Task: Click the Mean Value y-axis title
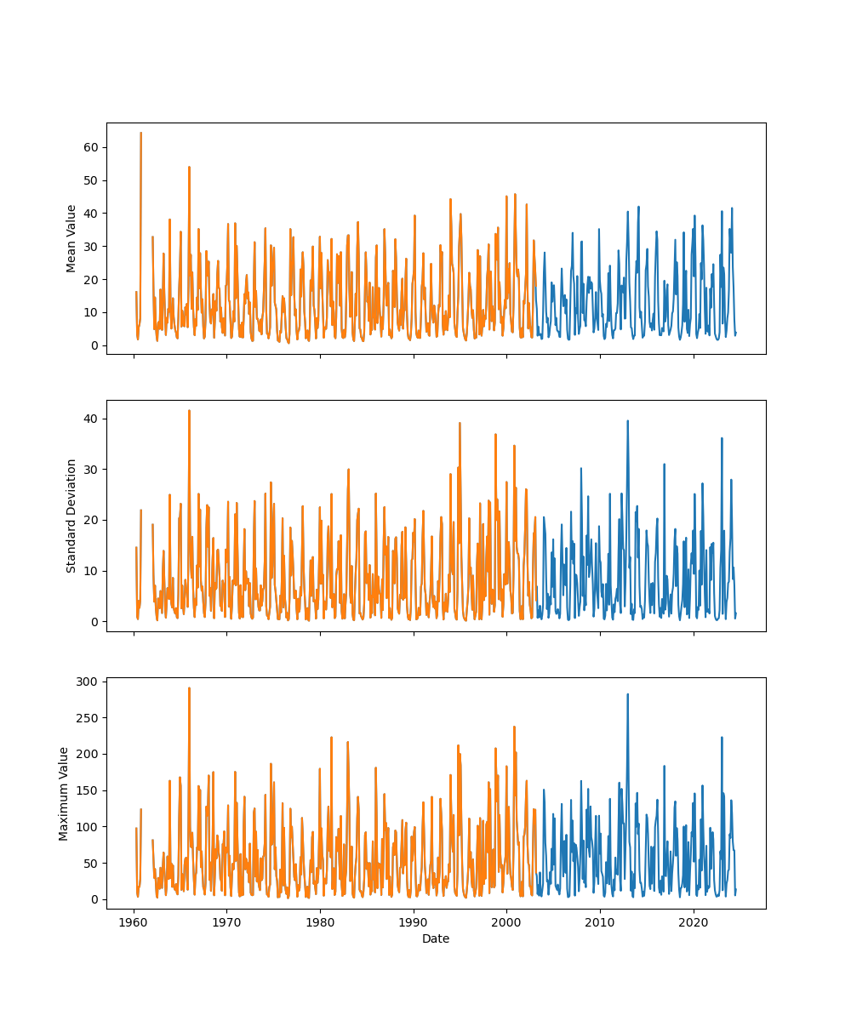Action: (x=71, y=238)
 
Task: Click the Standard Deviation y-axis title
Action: (x=71, y=516)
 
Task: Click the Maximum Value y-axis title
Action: (x=64, y=793)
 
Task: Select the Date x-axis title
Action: (x=436, y=938)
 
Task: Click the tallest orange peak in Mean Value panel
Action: (x=140, y=133)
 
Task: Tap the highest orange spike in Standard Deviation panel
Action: (x=189, y=411)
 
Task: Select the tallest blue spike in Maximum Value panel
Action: (x=628, y=694)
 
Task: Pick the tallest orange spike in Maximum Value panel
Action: (x=189, y=688)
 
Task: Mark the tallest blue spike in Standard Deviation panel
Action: (x=628, y=421)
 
